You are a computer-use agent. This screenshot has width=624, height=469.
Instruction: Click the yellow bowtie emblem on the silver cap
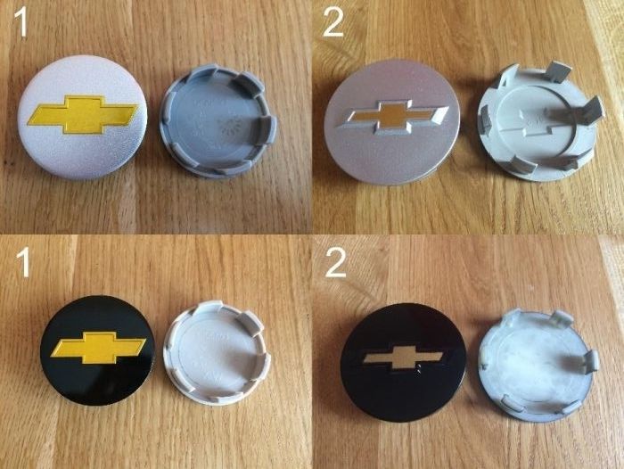(x=83, y=114)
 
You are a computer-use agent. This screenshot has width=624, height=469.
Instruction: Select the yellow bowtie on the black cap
(x=98, y=347)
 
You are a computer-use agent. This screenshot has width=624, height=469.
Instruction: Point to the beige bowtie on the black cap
(x=402, y=358)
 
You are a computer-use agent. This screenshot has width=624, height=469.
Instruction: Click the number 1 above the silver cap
(x=21, y=24)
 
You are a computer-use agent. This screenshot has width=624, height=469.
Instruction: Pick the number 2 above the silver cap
(x=333, y=22)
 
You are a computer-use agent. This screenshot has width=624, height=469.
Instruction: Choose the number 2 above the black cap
(x=335, y=262)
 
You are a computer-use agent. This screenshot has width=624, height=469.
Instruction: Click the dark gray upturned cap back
(x=218, y=121)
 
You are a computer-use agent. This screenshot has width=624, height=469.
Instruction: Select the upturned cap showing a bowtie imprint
(x=540, y=123)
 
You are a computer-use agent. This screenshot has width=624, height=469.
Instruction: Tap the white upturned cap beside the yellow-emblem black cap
(x=218, y=352)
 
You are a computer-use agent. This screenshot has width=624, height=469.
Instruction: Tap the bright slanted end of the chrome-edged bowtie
(x=439, y=115)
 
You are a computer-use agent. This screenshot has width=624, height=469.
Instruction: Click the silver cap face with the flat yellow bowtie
(x=82, y=118)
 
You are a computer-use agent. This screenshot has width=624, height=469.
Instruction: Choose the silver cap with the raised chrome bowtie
(x=391, y=122)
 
